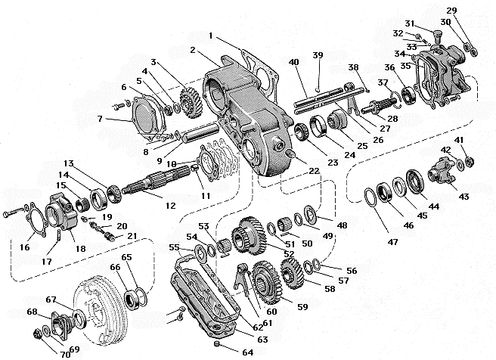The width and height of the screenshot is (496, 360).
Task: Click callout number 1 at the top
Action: tap(210, 35)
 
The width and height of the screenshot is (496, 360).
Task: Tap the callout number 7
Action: tap(99, 119)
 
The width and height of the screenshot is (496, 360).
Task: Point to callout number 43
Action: tap(463, 197)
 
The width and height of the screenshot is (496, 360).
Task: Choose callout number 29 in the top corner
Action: tap(472, 10)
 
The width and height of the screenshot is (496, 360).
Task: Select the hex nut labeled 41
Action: tap(468, 160)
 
